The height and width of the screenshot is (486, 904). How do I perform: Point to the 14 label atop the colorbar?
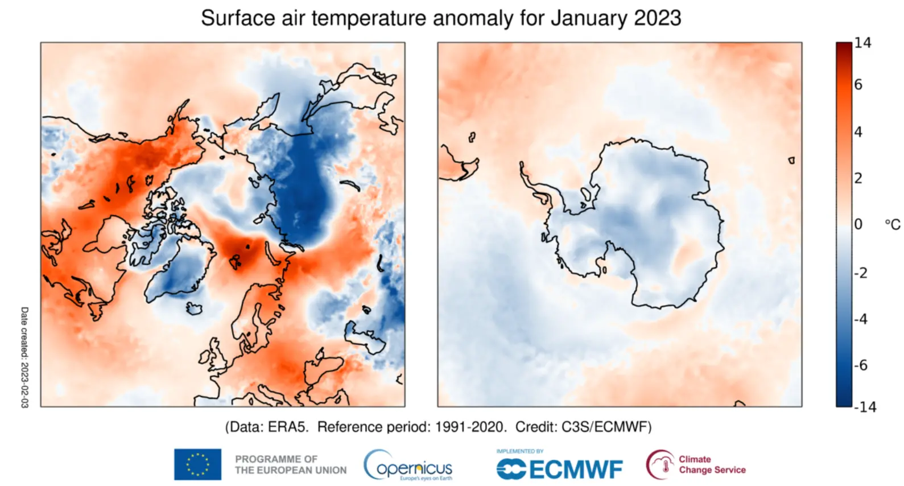(862, 43)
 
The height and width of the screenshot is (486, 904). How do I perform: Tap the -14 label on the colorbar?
(865, 407)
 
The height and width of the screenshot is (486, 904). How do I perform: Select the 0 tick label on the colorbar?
(858, 224)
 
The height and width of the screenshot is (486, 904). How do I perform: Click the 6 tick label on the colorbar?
(858, 85)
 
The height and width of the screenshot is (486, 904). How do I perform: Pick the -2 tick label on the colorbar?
(861, 273)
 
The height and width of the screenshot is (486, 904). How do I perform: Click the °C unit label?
(892, 225)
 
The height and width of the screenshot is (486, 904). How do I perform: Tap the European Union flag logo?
(197, 464)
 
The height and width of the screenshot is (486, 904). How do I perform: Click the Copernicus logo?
(408, 466)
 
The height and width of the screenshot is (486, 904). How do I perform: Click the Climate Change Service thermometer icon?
(660, 464)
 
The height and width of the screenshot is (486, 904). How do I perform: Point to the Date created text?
(24, 357)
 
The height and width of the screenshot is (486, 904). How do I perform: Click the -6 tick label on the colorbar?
(861, 365)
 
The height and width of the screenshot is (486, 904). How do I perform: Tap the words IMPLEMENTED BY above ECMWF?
(519, 451)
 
